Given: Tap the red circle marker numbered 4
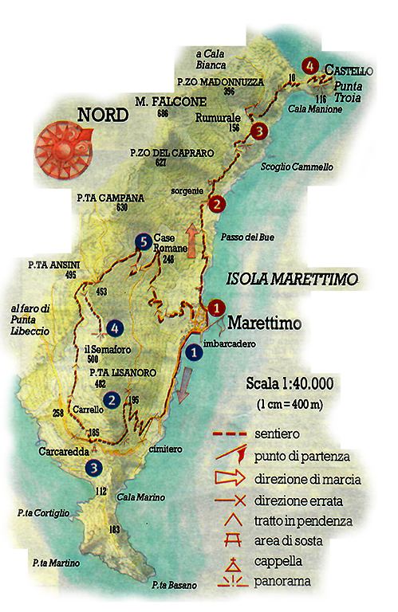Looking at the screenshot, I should click(309, 66).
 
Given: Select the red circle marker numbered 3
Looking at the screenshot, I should click(257, 131).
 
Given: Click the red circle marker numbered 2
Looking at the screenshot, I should click(215, 205).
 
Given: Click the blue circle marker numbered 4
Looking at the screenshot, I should click(116, 327).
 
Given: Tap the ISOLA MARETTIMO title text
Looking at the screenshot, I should click(293, 280).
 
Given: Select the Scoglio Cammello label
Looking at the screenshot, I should click(297, 168).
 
